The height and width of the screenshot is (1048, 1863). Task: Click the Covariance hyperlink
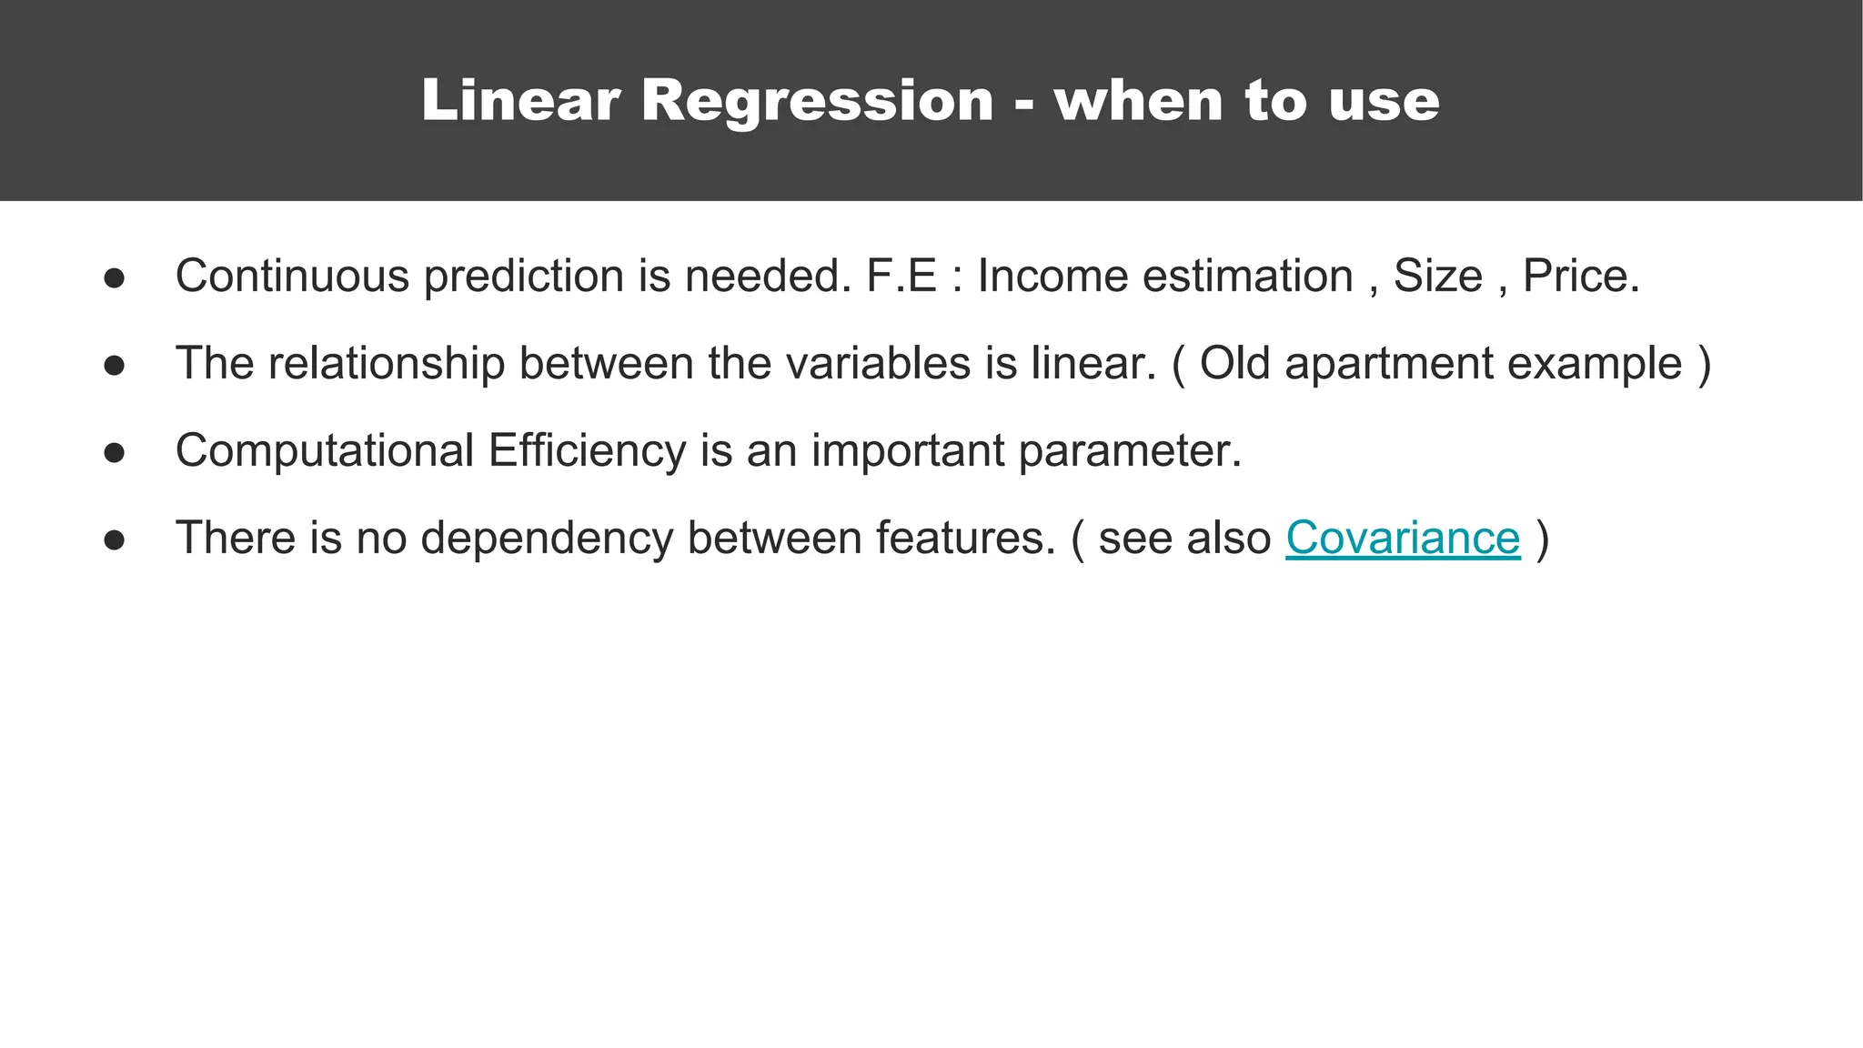click(x=1402, y=538)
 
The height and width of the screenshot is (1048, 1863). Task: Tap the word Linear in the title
click(x=520, y=100)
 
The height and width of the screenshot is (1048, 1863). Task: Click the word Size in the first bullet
click(x=1437, y=276)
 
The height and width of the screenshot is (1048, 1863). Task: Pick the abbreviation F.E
click(x=901, y=276)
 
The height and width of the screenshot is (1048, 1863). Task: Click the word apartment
click(x=1389, y=363)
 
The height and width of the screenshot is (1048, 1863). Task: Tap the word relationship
click(x=386, y=363)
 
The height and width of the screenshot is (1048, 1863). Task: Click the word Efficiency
click(x=587, y=450)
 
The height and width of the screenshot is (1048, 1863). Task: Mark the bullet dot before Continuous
click(x=114, y=278)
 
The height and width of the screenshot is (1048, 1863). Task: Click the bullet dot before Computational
click(x=114, y=453)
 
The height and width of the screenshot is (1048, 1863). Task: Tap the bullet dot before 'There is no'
click(x=114, y=540)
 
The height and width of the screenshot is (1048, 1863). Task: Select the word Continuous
click(x=292, y=276)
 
